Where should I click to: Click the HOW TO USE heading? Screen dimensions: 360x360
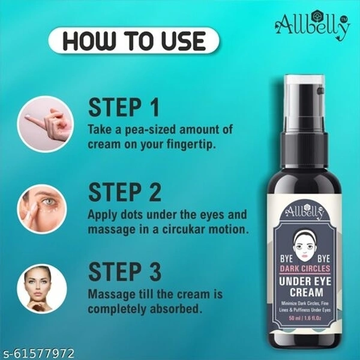coord(134,41)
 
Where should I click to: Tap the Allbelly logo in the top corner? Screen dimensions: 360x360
coord(312,26)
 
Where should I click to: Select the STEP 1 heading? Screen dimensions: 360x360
coord(124,107)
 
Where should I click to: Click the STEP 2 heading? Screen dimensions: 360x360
coord(125,193)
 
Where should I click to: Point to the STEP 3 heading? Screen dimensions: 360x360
coord(125,272)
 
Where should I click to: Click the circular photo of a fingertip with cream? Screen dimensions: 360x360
coord(46,124)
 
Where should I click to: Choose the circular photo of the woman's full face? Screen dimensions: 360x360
coord(42,289)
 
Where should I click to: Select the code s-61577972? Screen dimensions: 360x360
coord(37,353)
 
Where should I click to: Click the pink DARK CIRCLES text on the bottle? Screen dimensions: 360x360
coord(305,268)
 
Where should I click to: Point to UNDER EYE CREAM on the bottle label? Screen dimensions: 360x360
coord(305,287)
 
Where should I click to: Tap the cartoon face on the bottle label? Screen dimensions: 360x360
coord(305,245)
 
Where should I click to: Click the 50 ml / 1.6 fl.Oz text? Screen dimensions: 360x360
coord(305,319)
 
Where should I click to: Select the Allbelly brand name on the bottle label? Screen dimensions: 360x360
coord(304,211)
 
